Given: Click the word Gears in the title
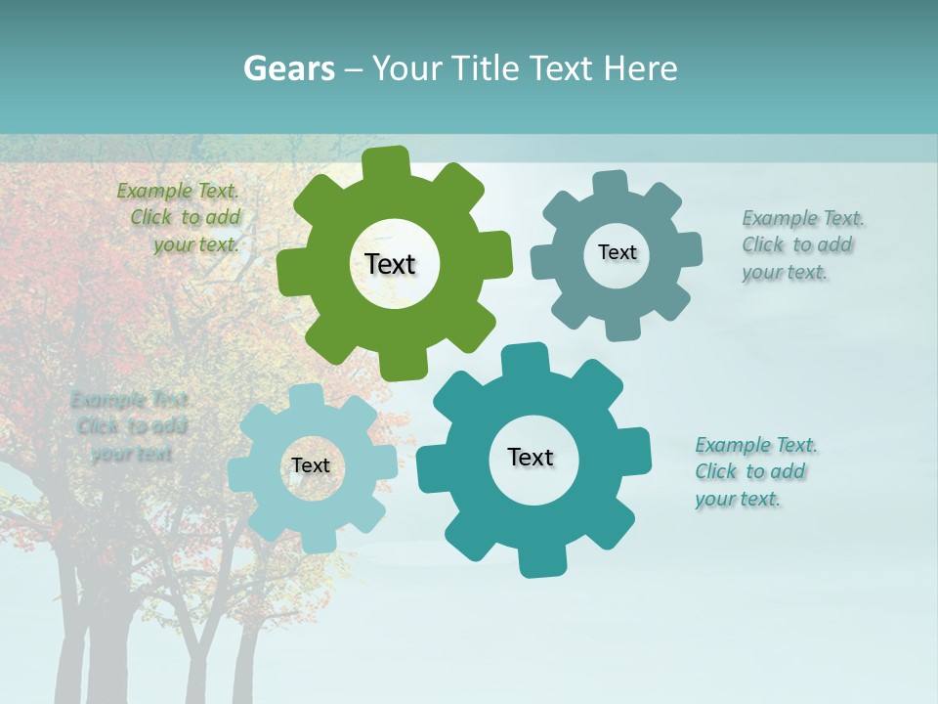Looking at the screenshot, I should pos(289,68).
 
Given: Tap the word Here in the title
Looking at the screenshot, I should pos(640,68).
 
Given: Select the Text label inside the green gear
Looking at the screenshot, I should pos(391,264).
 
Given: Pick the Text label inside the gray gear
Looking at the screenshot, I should pos(617,252).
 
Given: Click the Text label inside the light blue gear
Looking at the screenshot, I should pos(311,465).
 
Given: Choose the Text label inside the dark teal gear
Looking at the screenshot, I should pos(531,457).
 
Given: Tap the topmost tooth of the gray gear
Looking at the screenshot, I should pos(610,183).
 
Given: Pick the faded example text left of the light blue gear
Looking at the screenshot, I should pos(129,426).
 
